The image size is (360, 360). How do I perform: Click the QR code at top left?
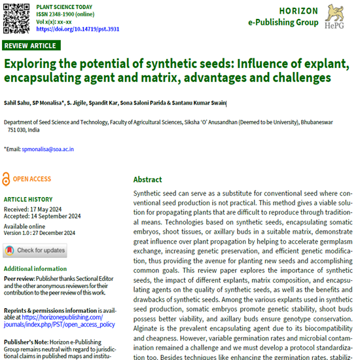16,17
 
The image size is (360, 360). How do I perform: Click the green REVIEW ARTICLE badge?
31,46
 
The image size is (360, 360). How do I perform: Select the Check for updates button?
35,250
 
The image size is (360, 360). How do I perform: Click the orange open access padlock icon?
7,178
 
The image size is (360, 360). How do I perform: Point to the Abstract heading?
147,179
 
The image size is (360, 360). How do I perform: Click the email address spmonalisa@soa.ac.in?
48,149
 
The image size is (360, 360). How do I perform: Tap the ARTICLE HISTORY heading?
28,199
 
